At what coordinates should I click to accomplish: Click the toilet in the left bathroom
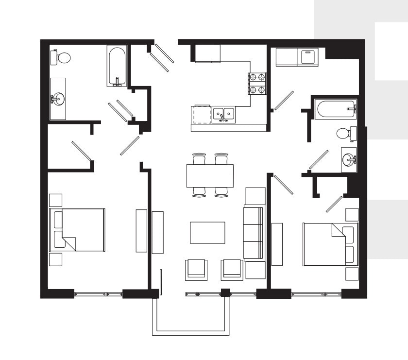click(61, 58)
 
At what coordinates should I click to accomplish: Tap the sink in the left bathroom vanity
click(58, 99)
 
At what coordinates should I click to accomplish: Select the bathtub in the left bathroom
click(117, 66)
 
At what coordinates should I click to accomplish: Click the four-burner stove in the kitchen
click(257, 83)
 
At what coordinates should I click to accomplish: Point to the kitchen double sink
click(223, 115)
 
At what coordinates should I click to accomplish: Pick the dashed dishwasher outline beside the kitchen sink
click(202, 115)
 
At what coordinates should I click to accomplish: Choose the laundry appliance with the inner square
click(307, 57)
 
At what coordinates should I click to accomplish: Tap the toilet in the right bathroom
click(345, 132)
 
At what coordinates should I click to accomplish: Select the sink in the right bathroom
click(349, 159)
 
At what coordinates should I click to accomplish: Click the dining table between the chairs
click(210, 175)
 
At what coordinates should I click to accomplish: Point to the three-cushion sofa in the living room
click(253, 234)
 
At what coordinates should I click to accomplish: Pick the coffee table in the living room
click(207, 232)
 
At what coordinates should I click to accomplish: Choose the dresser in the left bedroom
click(141, 230)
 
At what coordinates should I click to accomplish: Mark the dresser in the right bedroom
click(277, 244)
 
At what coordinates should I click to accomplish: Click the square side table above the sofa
click(255, 196)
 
